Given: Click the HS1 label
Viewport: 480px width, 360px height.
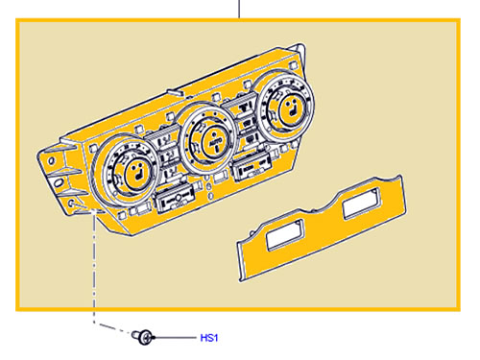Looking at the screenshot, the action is tap(209, 338).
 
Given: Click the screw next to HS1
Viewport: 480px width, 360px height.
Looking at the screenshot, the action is tap(144, 337).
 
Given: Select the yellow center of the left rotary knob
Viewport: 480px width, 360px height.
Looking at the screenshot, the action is tap(138, 174).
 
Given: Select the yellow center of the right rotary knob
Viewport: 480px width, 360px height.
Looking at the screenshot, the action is tap(292, 108).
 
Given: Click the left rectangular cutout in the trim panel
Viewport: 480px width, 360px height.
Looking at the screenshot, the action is tap(284, 235).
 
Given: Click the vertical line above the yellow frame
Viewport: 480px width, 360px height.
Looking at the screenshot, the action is tap(239, 10).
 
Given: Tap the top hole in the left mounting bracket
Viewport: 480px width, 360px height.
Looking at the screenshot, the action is tap(51, 160).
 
